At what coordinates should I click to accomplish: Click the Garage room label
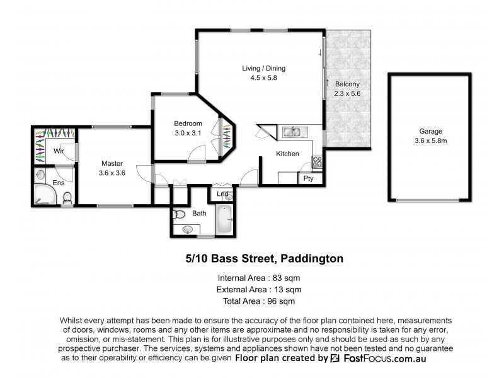click(431, 132)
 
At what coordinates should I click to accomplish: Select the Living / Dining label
click(264, 68)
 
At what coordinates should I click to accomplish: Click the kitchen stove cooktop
click(318, 161)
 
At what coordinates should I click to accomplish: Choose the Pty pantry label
click(309, 178)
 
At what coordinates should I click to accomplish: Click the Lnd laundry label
click(222, 194)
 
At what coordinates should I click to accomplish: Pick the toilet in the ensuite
click(67, 199)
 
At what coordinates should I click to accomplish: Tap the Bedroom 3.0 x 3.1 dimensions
click(188, 133)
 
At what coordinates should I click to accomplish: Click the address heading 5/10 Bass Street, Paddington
click(264, 259)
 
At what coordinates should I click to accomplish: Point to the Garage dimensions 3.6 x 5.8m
click(431, 141)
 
